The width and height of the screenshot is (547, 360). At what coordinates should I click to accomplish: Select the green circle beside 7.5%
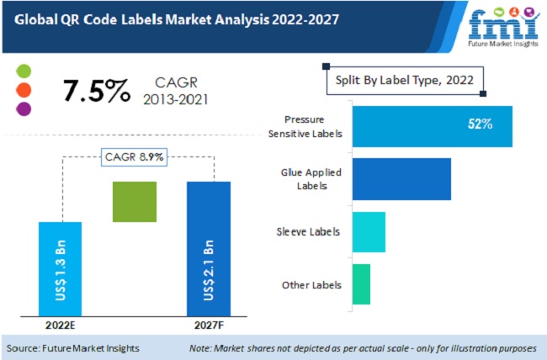tap(24, 71)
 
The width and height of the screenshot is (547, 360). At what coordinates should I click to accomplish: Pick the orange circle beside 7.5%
tap(24, 89)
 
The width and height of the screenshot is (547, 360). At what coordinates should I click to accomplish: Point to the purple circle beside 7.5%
tap(24, 109)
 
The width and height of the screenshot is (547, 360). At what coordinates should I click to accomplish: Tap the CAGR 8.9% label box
tap(135, 156)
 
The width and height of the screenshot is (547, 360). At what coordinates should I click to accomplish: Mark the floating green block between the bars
tap(134, 202)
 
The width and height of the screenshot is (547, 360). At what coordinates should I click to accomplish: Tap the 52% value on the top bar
tap(480, 124)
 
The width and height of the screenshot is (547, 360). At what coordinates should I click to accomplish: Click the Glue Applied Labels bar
tap(401, 179)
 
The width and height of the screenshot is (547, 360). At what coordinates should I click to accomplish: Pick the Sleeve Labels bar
tap(369, 232)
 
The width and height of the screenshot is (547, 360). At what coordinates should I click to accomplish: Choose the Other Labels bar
tap(361, 284)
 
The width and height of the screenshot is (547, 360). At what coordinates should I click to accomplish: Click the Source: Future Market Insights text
tap(74, 347)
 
